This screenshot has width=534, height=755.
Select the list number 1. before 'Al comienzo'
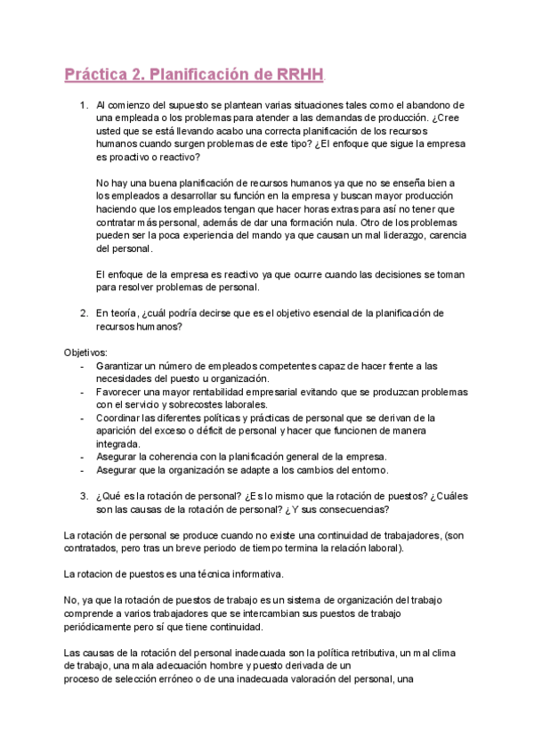pyautogui.click(x=84, y=105)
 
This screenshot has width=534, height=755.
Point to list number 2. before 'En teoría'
pyautogui.click(x=84, y=313)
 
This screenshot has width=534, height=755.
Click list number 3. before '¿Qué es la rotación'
pyautogui.click(x=84, y=497)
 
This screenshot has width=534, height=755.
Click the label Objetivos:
pyautogui.click(x=85, y=353)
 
